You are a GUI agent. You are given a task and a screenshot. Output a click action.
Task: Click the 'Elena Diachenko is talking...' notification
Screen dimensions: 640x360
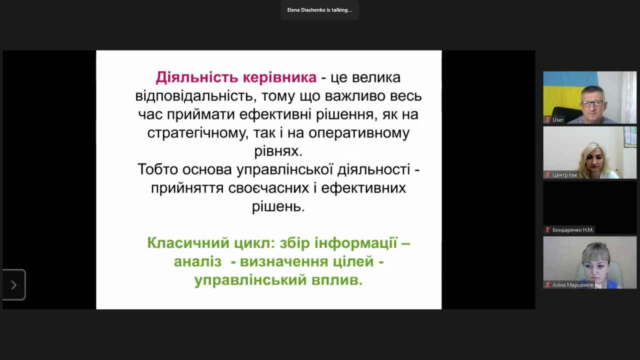(x=319, y=10)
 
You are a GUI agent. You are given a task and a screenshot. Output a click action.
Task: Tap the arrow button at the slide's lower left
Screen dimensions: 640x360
(x=13, y=285)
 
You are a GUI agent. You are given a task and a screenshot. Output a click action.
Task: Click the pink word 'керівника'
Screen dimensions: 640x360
(x=279, y=77)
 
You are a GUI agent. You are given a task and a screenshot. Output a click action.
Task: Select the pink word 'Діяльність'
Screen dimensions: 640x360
(x=197, y=77)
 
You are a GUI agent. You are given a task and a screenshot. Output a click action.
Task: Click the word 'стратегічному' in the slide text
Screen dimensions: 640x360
(x=196, y=133)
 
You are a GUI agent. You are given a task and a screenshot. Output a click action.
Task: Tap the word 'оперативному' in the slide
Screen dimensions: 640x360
(x=359, y=133)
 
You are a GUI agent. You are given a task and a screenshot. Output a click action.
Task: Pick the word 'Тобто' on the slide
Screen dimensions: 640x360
(x=157, y=169)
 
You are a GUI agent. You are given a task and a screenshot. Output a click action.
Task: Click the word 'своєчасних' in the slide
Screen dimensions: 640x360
(x=268, y=188)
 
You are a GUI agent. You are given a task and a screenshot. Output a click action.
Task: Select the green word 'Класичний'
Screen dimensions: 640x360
(x=188, y=243)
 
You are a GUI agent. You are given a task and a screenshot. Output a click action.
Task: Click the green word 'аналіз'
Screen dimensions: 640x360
(x=197, y=261)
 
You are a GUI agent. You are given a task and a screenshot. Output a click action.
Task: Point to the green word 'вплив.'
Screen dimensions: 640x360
(x=337, y=280)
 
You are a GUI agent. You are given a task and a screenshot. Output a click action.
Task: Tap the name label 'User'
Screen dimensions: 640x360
(x=557, y=120)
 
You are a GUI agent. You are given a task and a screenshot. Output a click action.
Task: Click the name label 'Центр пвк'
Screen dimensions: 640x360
(x=564, y=175)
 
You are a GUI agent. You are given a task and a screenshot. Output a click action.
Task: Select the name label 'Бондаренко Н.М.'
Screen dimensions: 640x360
(x=573, y=230)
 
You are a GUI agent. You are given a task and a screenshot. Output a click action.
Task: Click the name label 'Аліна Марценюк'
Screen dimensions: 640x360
(x=572, y=285)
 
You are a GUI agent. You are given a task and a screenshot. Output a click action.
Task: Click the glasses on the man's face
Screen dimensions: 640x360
(x=592, y=103)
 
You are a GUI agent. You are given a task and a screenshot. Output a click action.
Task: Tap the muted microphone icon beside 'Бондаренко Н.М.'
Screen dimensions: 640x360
(x=547, y=229)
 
